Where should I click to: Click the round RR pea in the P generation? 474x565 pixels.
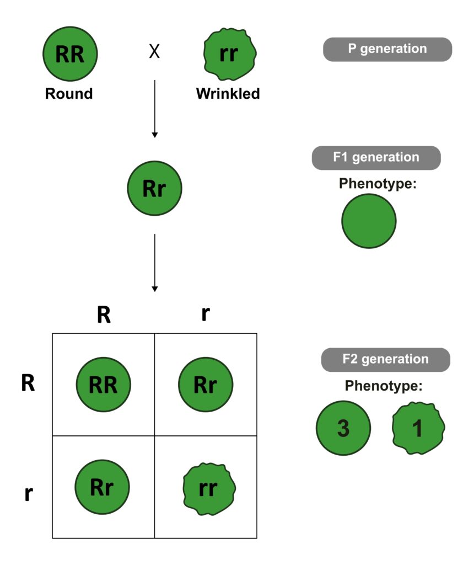pyautogui.click(x=70, y=54)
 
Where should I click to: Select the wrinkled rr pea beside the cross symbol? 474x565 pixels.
pyautogui.click(x=229, y=54)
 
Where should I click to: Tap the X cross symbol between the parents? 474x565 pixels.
pyautogui.click(x=155, y=52)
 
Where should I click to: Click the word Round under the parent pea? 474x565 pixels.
pyautogui.click(x=69, y=94)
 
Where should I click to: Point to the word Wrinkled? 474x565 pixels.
pyautogui.click(x=228, y=94)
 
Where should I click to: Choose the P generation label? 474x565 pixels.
pyautogui.click(x=387, y=49)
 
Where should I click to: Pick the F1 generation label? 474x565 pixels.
pyautogui.click(x=376, y=158)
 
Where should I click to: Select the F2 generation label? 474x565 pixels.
pyautogui.click(x=385, y=359)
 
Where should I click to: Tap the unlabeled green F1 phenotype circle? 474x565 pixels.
pyautogui.click(x=369, y=221)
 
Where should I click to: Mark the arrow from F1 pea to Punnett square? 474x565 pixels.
pyautogui.click(x=155, y=263)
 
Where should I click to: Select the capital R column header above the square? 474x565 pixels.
pyautogui.click(x=104, y=314)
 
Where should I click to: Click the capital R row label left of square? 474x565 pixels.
pyautogui.click(x=28, y=384)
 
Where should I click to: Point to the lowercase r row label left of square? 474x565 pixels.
pyautogui.click(x=28, y=492)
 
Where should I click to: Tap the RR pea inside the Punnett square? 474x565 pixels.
pyautogui.click(x=103, y=385)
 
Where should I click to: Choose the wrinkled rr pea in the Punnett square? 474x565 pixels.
pyautogui.click(x=208, y=488)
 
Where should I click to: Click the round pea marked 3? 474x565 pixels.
pyautogui.click(x=343, y=428)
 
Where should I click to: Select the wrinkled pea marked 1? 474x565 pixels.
pyautogui.click(x=418, y=428)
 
